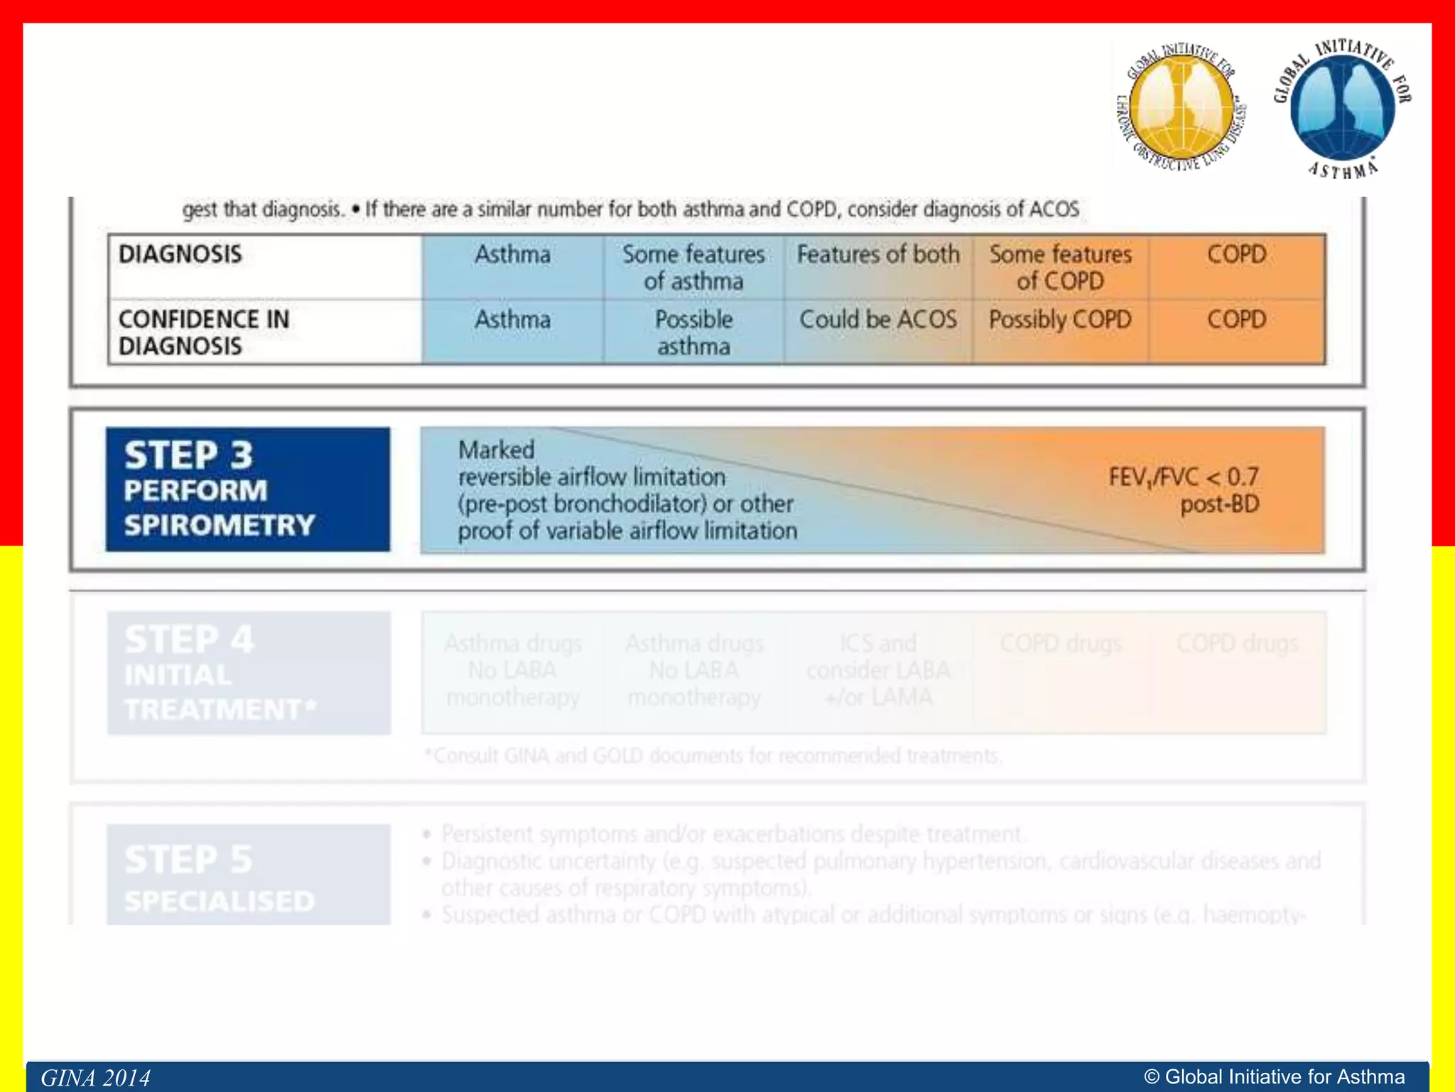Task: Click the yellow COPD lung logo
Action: coord(1181,109)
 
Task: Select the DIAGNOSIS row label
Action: coord(180,255)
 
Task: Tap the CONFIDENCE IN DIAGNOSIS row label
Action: coord(204,333)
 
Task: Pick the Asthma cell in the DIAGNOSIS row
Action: coord(512,255)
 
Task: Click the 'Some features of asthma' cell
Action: coord(693,267)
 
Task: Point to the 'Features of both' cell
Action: coord(878,255)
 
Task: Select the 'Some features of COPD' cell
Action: coord(1060,267)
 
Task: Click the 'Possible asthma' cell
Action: coord(693,333)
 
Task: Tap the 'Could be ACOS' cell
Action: coord(878,320)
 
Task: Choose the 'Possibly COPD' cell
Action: coord(1060,320)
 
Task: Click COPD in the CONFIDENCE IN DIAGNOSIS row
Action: coord(1236,320)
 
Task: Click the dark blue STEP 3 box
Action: coord(248,489)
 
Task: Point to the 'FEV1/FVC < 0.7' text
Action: coord(1184,476)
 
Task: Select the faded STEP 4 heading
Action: coord(189,639)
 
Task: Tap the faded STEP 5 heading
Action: coord(189,859)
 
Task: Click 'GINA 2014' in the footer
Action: coord(95,1078)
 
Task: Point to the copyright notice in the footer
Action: coord(1275,1077)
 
